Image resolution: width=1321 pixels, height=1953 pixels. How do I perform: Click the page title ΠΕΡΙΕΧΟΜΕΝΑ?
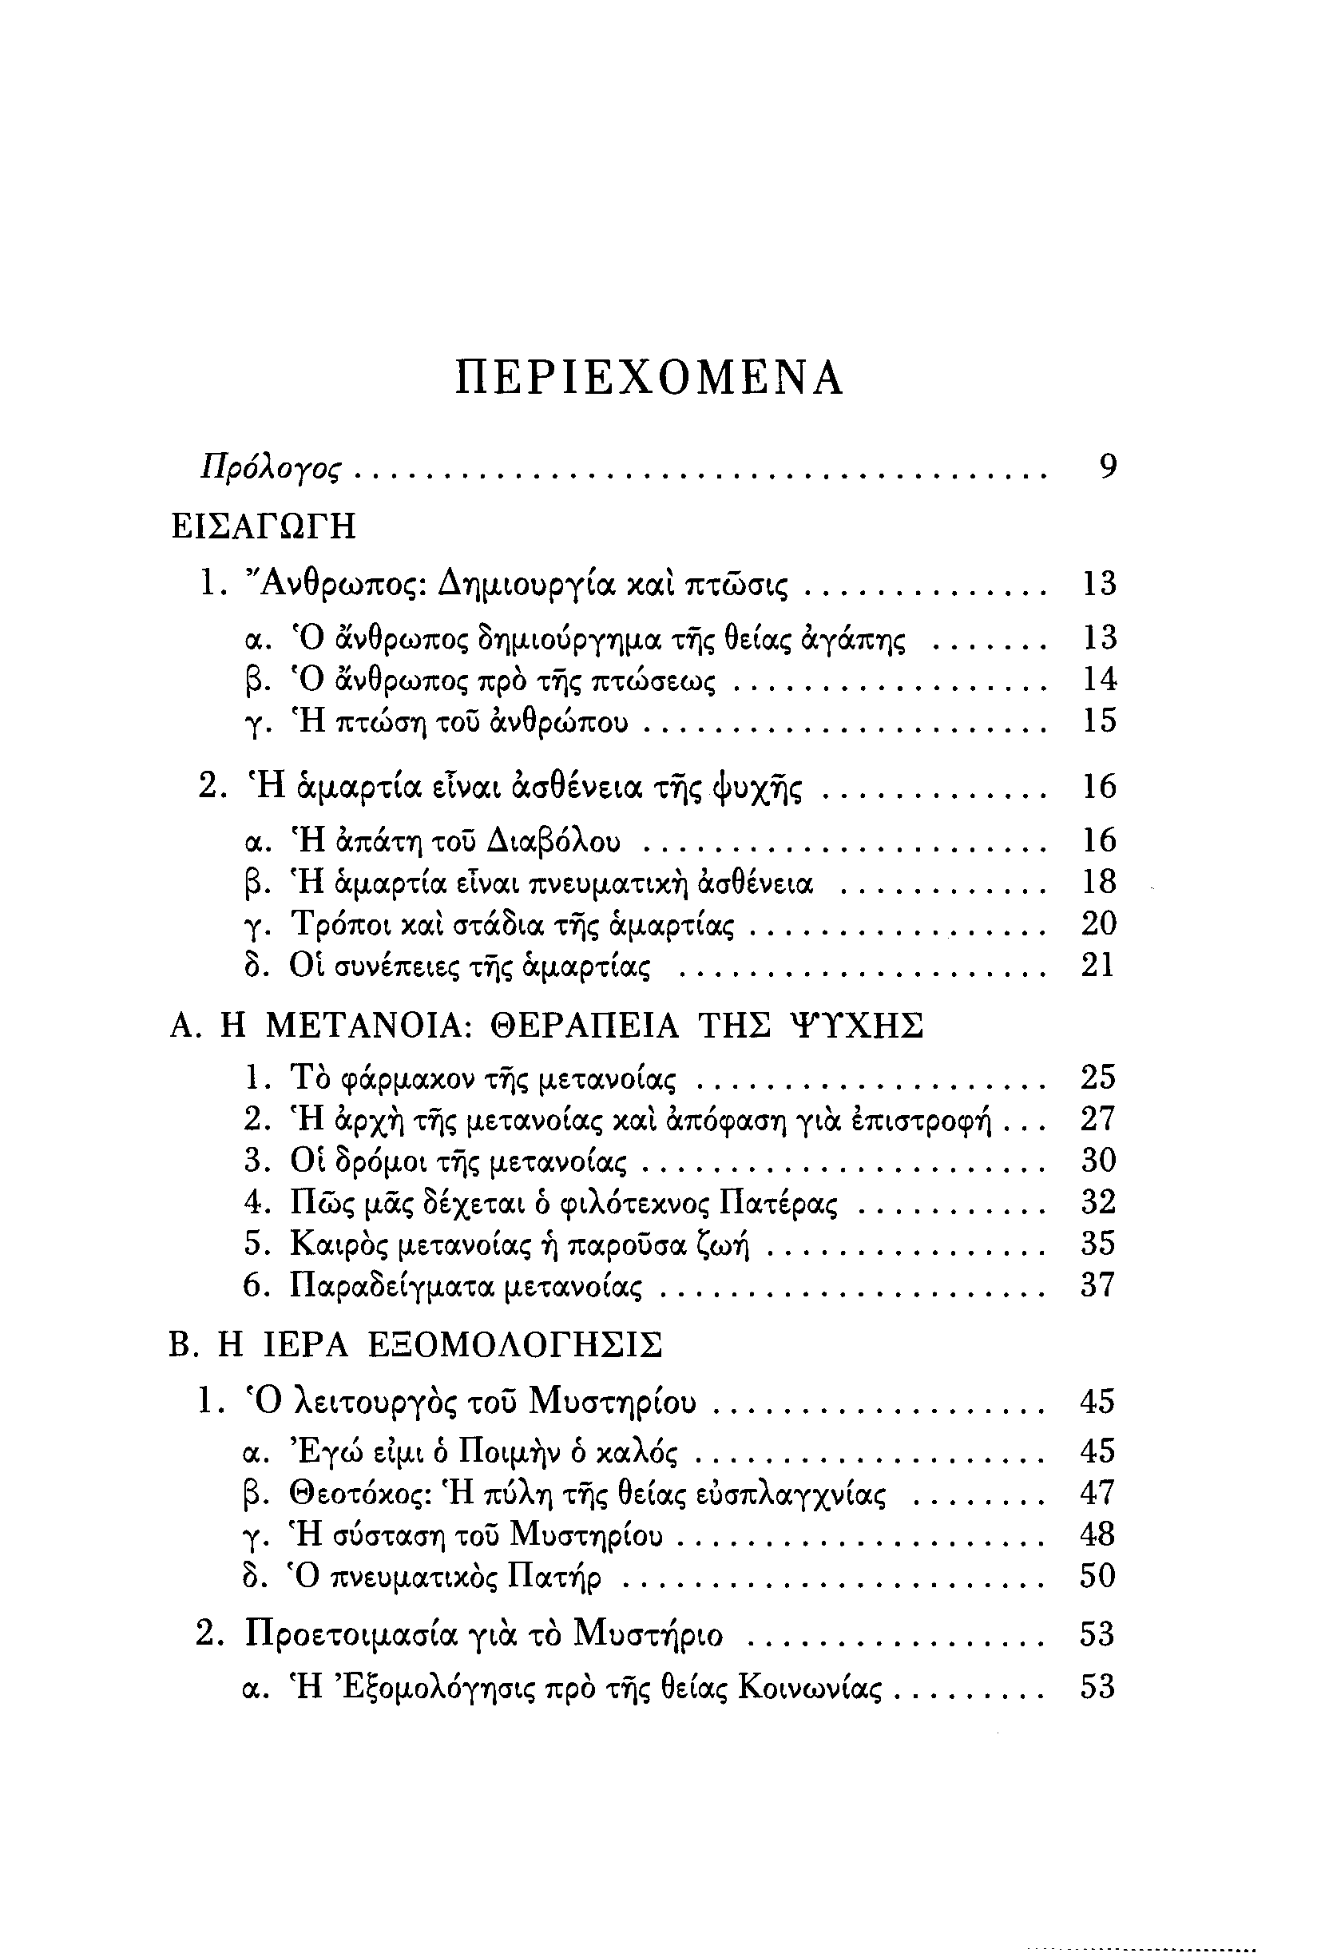649,379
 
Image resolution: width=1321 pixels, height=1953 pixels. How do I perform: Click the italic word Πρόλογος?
271,468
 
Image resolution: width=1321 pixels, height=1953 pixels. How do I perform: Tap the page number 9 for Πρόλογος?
1108,466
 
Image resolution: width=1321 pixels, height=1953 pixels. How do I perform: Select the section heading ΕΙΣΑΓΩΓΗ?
263,527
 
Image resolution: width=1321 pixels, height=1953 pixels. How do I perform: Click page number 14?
1099,678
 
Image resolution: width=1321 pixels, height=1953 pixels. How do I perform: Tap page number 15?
1099,720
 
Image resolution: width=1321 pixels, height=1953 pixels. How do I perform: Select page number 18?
1099,882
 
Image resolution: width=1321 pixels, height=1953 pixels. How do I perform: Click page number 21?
1097,966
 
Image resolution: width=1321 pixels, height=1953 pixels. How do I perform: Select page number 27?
1097,1119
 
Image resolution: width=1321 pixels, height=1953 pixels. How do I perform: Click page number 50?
1097,1576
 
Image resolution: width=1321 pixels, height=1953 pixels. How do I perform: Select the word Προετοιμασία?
352,1634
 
